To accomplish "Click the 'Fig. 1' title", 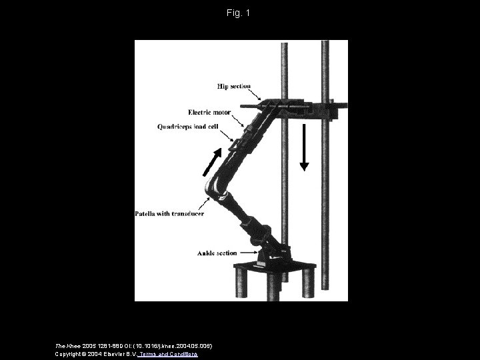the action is point(239,13).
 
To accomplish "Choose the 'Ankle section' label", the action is point(217,253).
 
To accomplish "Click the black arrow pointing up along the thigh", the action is point(211,161).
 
